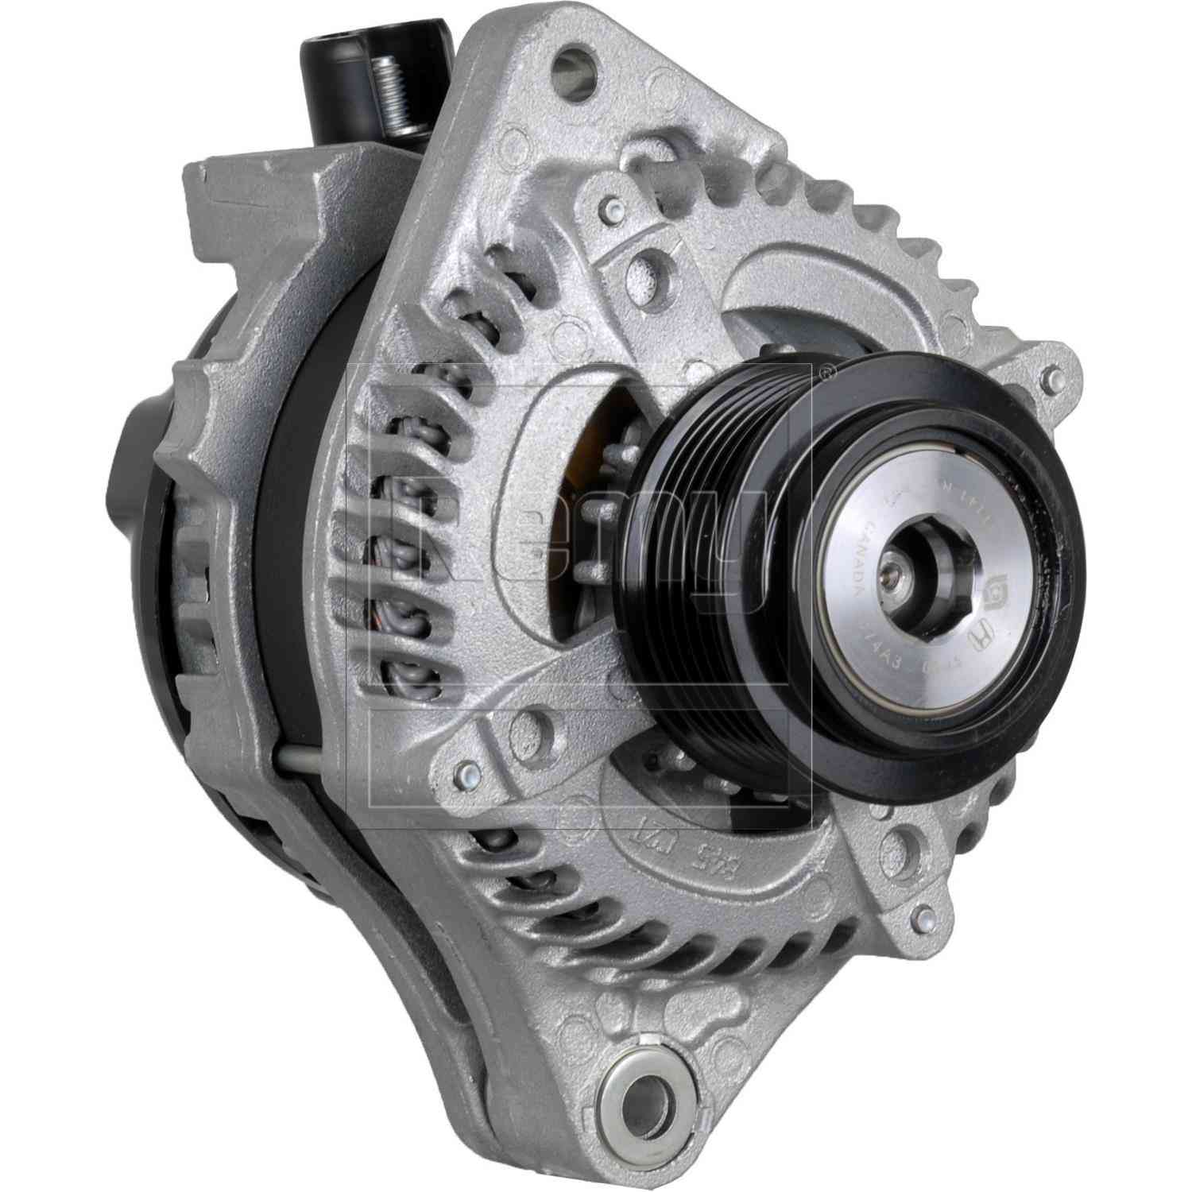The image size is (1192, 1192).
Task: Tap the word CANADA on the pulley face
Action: coord(859,563)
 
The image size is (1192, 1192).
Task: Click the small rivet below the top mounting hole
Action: coord(610,209)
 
